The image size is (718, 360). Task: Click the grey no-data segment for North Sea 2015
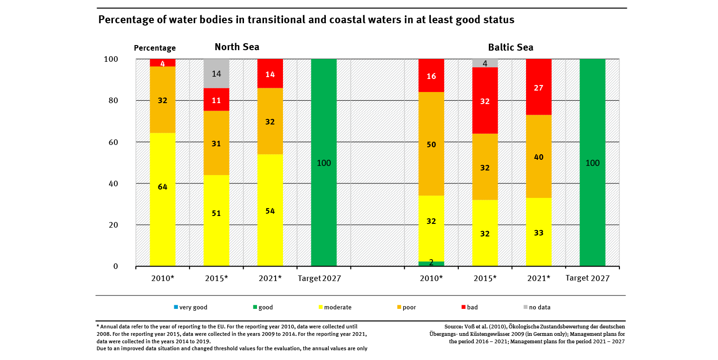click(217, 73)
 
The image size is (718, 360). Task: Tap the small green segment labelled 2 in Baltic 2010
click(431, 263)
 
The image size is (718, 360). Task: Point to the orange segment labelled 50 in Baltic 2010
click(431, 144)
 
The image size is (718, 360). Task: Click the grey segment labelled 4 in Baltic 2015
click(485, 63)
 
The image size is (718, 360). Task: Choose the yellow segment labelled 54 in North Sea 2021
click(270, 210)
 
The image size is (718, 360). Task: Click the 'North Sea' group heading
click(237, 47)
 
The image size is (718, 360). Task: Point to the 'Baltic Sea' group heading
click(510, 47)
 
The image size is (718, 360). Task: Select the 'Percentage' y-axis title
click(155, 48)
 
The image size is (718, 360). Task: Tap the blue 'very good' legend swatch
click(176, 307)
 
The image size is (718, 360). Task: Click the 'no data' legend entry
click(539, 307)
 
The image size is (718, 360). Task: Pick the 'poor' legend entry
click(409, 307)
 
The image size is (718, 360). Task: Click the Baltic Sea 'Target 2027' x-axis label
click(587, 278)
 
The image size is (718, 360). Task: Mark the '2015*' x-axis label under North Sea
click(217, 278)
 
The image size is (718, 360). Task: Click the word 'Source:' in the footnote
click(455, 327)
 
